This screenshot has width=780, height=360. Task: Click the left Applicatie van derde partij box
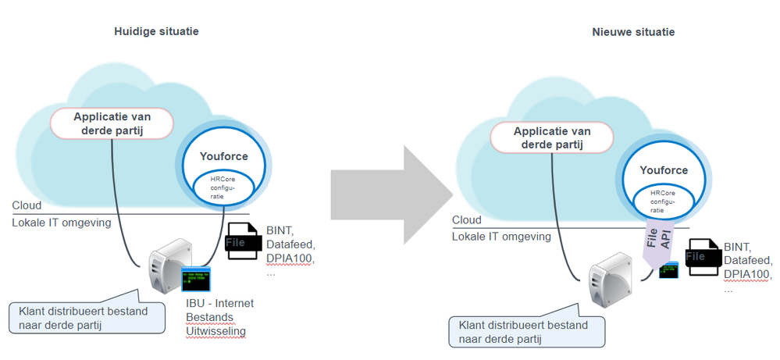tap(112, 123)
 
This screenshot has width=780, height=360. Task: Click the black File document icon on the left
tap(243, 243)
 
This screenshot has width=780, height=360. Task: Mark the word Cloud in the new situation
tap(467, 220)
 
